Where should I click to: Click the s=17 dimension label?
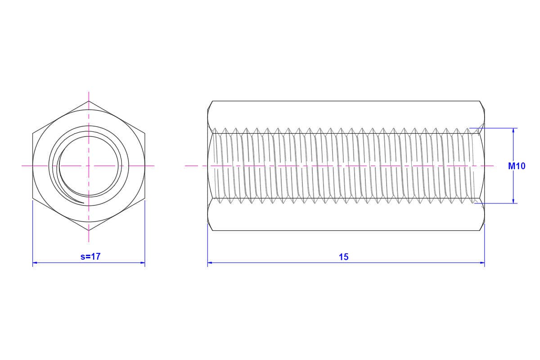(90, 256)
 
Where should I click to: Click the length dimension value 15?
(343, 257)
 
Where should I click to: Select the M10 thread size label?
(517, 166)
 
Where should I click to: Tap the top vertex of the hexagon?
(89, 101)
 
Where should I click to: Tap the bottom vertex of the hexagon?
(89, 230)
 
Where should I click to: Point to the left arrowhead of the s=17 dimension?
(35, 263)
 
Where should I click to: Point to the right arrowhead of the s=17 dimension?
(143, 263)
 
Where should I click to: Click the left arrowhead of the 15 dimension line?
(210, 263)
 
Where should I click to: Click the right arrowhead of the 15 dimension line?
(482, 263)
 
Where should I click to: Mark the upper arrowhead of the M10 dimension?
(513, 130)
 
